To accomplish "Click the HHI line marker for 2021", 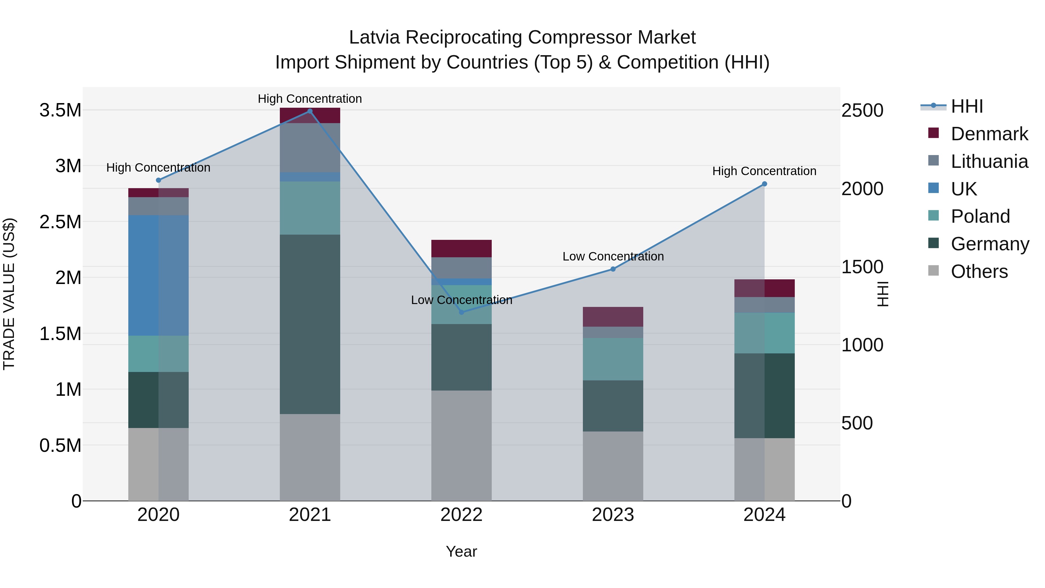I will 310,111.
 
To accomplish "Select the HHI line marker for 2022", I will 461,312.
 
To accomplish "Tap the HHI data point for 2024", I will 764,184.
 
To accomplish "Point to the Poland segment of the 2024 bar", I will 764,333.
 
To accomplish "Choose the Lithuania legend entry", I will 989,161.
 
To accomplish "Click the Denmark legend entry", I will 989,134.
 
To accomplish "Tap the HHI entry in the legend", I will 967,106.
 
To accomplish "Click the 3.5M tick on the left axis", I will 60,110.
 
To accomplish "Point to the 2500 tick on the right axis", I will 862,110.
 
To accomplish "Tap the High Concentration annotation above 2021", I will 310,99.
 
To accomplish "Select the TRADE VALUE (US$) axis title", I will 9,294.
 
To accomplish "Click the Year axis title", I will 461,551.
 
